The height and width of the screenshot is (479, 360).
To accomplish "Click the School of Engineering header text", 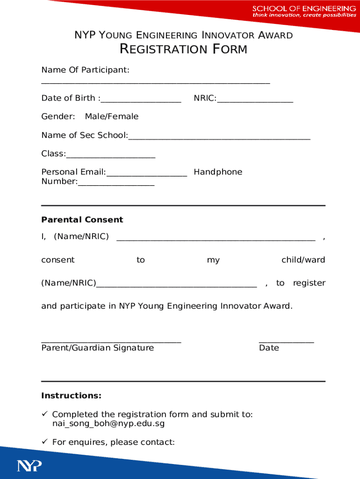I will [x=304, y=9].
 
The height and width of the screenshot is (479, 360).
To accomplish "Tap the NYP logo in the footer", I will [x=29, y=466].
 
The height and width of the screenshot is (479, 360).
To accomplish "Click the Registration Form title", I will [x=183, y=49].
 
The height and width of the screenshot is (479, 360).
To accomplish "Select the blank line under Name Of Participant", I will [x=155, y=83].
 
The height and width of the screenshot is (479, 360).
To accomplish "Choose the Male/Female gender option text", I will [x=111, y=116].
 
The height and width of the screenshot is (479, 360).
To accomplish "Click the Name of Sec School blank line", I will [x=219, y=138].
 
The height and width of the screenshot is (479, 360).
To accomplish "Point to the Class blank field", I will [x=110, y=156].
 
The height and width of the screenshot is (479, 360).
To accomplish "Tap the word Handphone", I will [x=218, y=172].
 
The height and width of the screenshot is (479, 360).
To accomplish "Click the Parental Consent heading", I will [x=82, y=220].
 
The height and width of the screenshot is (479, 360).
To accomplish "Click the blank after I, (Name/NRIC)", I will [x=216, y=239].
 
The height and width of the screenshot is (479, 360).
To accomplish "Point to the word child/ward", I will [x=303, y=260].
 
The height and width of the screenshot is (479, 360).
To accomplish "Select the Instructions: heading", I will [x=71, y=396].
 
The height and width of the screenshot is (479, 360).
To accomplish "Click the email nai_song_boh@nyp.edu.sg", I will [x=108, y=424].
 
